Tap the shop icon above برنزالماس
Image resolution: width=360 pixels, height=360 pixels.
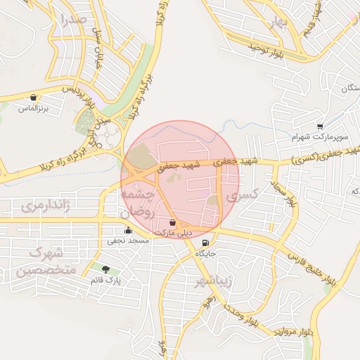[x=33, y=97]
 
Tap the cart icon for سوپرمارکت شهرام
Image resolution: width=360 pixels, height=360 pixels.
[x=320, y=127]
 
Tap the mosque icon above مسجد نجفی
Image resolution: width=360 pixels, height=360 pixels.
[x=128, y=230]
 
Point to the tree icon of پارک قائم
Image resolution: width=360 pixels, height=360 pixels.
[x=105, y=269]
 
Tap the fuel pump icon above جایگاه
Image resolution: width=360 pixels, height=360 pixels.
[x=205, y=243]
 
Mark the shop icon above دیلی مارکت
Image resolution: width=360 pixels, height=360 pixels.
[x=173, y=222]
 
